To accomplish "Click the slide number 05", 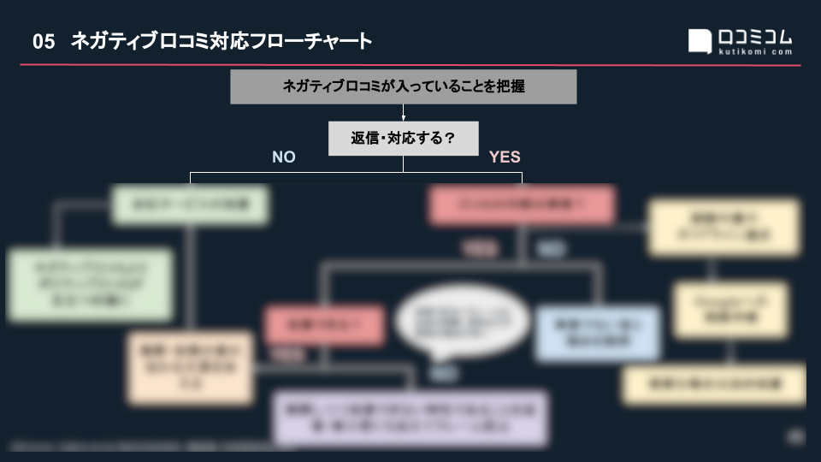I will (x=44, y=41).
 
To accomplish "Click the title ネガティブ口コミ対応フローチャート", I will (x=221, y=41).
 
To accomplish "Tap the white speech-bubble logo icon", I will (x=700, y=41).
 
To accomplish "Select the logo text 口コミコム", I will (x=755, y=38).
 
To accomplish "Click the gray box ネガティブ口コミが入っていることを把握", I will (x=403, y=86).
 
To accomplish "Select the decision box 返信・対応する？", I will (x=403, y=138).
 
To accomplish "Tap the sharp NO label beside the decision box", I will (x=284, y=157).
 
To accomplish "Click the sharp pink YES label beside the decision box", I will (x=505, y=157).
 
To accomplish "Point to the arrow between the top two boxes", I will (x=403, y=113).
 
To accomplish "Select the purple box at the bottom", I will (x=410, y=418).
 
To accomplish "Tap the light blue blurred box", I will (x=597, y=334).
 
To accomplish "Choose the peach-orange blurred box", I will (x=190, y=368).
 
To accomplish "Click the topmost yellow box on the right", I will (x=724, y=227).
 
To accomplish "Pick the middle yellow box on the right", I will (x=730, y=309).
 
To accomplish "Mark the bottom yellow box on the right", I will (x=713, y=384).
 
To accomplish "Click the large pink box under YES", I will (x=522, y=204).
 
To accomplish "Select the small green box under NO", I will (x=190, y=204).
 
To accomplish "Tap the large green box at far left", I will (x=90, y=284).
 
